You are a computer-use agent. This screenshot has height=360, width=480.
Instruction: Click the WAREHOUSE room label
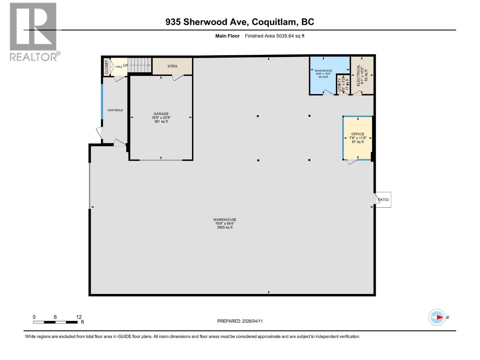225,220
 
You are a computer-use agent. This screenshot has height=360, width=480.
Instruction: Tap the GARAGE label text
161,114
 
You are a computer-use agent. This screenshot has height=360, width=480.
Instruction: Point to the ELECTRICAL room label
358,75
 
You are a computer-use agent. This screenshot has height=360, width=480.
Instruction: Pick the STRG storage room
172,66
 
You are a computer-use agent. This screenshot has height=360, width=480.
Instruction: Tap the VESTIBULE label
115,110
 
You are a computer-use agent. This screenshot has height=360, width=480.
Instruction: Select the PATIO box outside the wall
383,199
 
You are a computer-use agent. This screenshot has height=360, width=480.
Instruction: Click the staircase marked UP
140,65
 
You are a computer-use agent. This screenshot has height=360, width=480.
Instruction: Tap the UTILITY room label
340,85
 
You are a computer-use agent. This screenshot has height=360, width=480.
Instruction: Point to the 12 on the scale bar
79,317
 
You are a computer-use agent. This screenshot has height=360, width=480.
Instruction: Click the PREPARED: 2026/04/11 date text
240,321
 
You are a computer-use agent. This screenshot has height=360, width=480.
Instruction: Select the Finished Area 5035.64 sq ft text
274,36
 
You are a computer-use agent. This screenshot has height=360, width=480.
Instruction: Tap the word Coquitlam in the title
272,22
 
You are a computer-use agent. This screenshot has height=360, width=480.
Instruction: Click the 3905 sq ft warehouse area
225,227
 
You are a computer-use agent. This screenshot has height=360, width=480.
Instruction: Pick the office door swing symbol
352,161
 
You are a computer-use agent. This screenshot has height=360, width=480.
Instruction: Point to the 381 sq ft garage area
161,121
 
